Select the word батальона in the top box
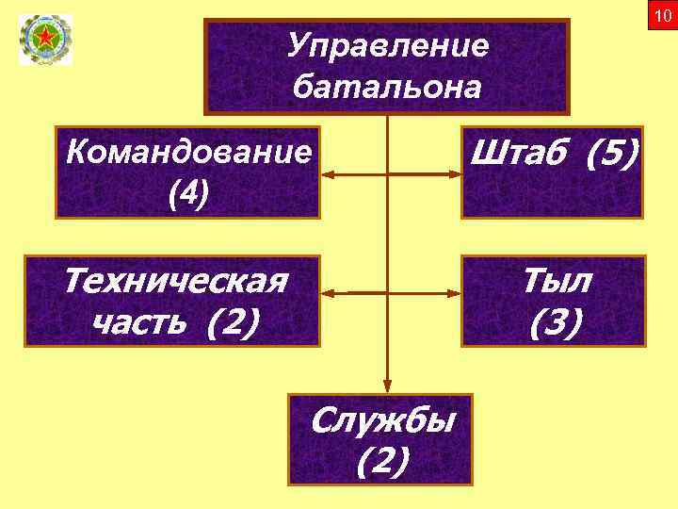387,87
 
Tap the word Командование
188,153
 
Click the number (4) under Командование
188,194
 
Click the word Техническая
175,281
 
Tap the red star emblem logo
45,39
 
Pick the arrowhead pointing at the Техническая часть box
327,293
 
